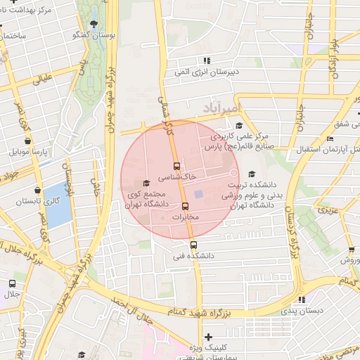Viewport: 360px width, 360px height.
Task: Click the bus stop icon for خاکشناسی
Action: [x=176, y=167]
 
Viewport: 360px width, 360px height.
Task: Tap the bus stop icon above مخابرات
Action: [x=186, y=207]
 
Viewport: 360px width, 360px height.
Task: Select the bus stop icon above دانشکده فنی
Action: [x=193, y=245]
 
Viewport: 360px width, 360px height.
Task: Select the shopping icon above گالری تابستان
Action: [x=37, y=189]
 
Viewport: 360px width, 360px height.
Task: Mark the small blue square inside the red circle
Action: [x=199, y=194]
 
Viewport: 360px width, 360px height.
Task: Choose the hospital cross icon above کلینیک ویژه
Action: [x=207, y=337]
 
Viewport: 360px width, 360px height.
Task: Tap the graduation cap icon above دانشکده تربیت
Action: [x=252, y=174]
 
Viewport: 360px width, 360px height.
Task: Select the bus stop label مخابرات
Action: [x=186, y=217]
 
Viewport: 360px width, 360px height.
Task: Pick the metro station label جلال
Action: [x=11, y=294]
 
